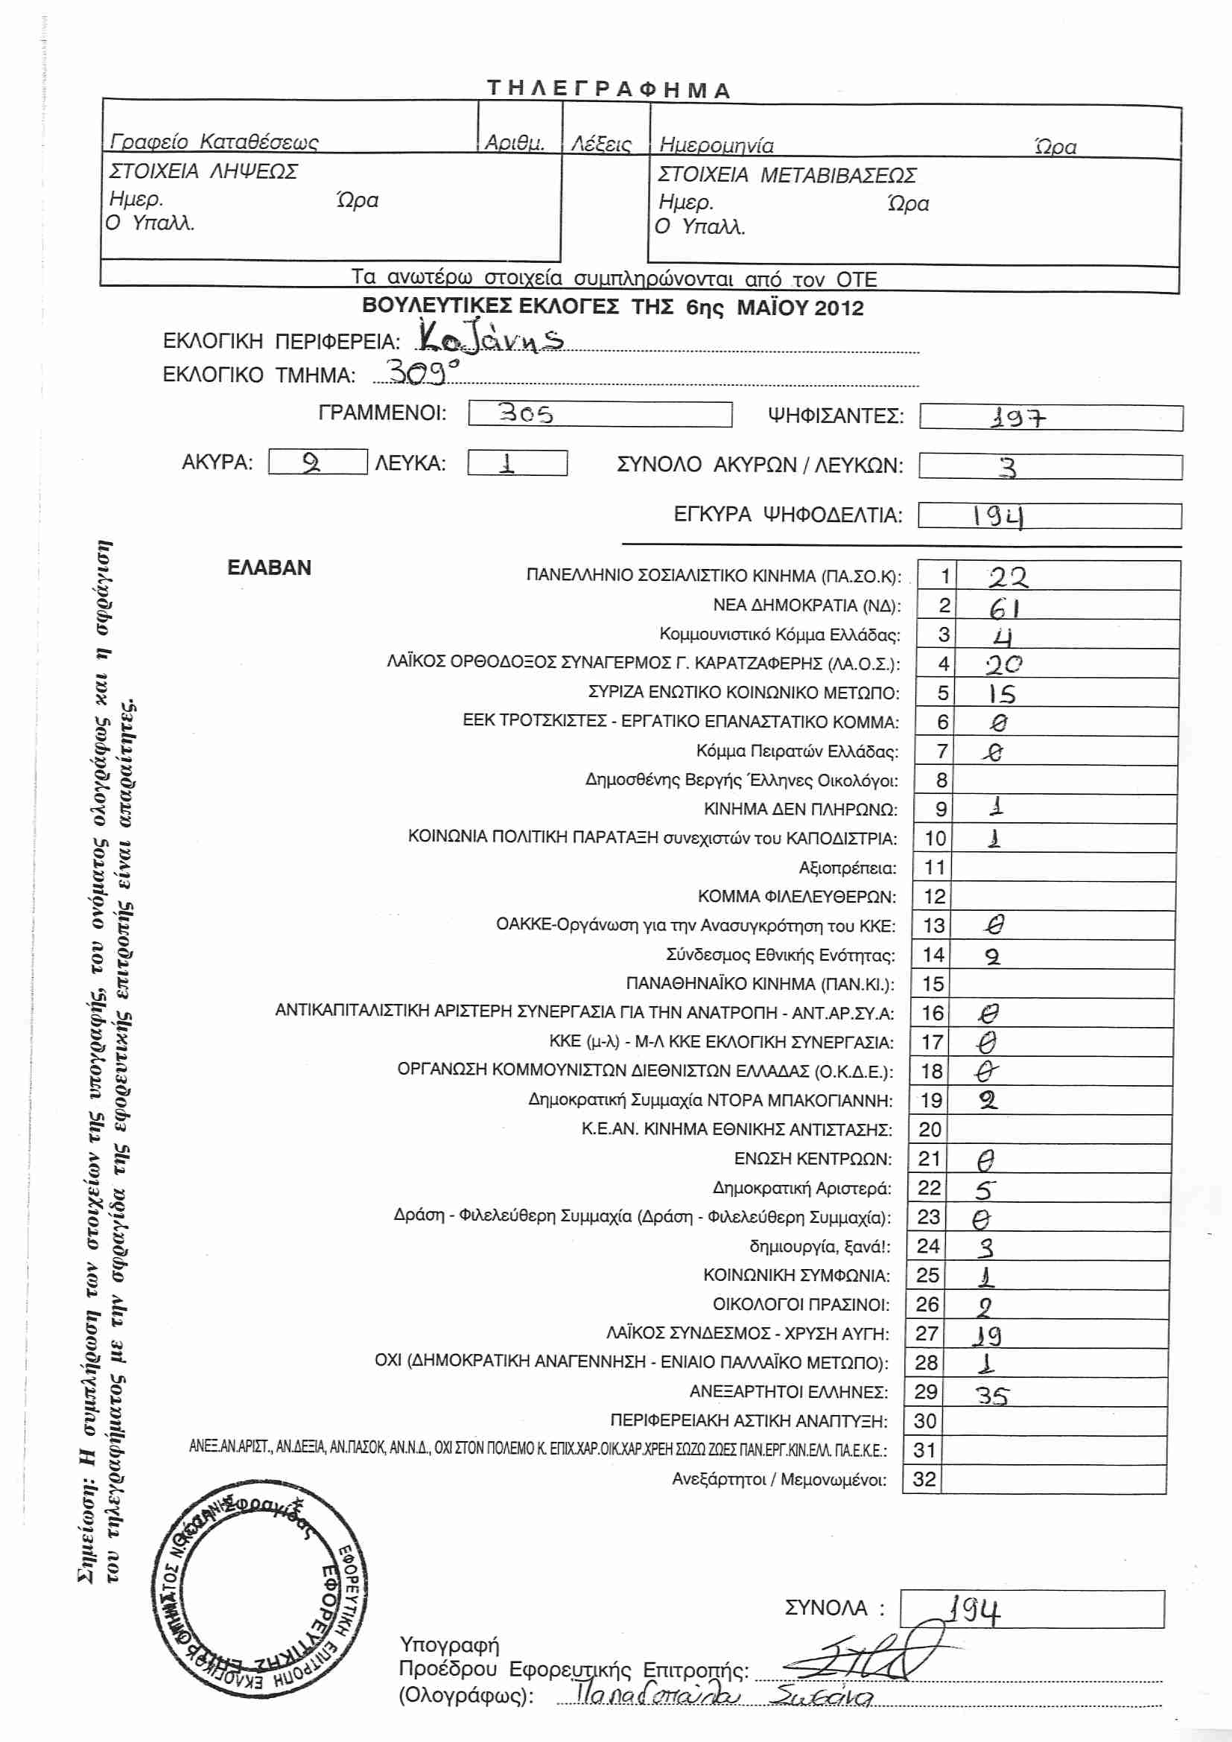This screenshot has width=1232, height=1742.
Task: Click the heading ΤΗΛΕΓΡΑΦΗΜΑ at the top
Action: click(609, 89)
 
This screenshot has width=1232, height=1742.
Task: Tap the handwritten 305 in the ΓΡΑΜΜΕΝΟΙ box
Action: click(525, 413)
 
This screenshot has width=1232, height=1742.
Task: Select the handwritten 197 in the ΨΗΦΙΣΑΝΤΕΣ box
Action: click(1018, 417)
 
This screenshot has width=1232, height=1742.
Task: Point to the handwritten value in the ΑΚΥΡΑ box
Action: click(311, 462)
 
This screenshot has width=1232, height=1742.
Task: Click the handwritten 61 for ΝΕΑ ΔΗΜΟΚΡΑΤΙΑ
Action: click(1003, 607)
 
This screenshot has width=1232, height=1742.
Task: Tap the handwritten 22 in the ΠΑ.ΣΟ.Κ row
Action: click(1008, 578)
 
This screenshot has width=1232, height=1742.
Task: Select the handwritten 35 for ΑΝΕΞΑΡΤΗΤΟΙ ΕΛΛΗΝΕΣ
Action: click(991, 1395)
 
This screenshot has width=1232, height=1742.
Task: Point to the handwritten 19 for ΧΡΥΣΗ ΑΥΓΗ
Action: click(988, 1335)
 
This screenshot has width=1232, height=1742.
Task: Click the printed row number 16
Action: click(933, 1013)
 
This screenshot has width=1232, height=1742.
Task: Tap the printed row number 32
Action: click(924, 1479)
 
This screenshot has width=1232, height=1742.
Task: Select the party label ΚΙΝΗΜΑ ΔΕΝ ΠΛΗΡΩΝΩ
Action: click(800, 810)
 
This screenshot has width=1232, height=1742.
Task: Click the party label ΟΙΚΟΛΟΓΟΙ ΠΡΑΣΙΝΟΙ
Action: click(800, 1304)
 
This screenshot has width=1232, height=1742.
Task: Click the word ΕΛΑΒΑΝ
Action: click(270, 568)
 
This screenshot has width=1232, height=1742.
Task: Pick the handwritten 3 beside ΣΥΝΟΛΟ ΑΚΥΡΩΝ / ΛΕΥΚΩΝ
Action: click(1007, 467)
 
